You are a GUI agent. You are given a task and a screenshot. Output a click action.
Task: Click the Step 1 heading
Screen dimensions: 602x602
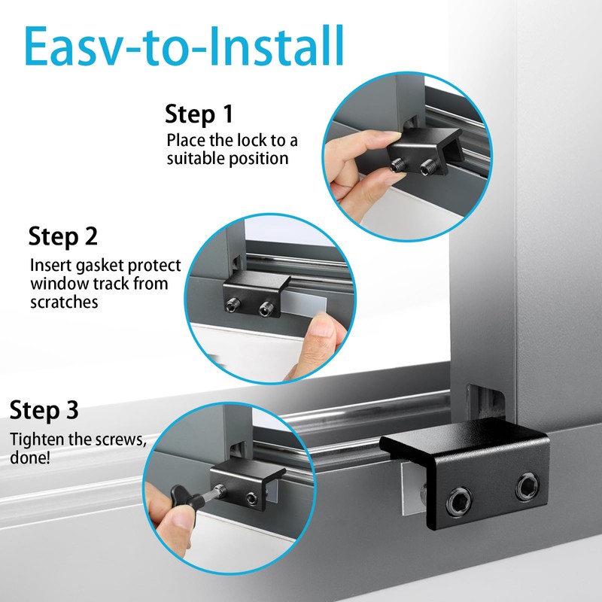pyautogui.click(x=199, y=114)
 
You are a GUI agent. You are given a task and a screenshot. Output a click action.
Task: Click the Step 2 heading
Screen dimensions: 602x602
pyautogui.click(x=63, y=236)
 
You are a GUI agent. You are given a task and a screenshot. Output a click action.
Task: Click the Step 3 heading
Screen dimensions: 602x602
pyautogui.click(x=44, y=410)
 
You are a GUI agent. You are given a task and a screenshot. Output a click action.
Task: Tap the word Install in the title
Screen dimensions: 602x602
pyautogui.click(x=276, y=46)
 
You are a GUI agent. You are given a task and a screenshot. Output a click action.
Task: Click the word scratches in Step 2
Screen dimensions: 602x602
pyautogui.click(x=64, y=303)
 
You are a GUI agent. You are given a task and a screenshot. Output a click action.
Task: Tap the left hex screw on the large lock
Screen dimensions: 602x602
pyautogui.click(x=459, y=501)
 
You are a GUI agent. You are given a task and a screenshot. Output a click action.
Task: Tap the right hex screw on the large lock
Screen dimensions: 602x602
pyautogui.click(x=528, y=485)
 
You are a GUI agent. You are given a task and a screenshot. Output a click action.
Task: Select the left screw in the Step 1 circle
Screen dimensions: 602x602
pyautogui.click(x=398, y=166)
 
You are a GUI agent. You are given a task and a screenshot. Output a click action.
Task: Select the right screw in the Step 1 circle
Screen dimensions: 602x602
pyautogui.click(x=427, y=168)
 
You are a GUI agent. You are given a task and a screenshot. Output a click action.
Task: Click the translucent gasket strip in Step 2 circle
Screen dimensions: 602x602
pyautogui.click(x=307, y=303)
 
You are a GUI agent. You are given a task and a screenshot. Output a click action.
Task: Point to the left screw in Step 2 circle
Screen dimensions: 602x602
pyautogui.click(x=233, y=305)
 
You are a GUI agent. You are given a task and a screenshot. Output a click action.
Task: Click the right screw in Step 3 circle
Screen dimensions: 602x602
pyautogui.click(x=252, y=498)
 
